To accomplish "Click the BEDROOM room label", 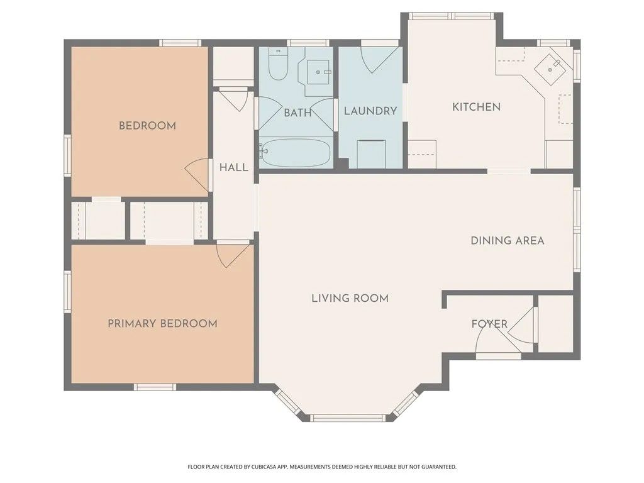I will [147, 126].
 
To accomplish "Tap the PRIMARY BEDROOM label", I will [162, 324].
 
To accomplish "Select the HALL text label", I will [233, 168].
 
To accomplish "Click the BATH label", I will [297, 113].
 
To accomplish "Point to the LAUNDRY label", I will [370, 111].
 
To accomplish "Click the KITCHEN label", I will [477, 107].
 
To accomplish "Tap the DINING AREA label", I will [508, 240].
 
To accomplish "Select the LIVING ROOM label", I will [350, 298].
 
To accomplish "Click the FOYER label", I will [489, 325].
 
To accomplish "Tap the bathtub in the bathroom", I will [296, 153].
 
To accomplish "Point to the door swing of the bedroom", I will [199, 173].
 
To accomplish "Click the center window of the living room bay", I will [348, 418].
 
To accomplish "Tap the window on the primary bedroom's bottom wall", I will [155, 387].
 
